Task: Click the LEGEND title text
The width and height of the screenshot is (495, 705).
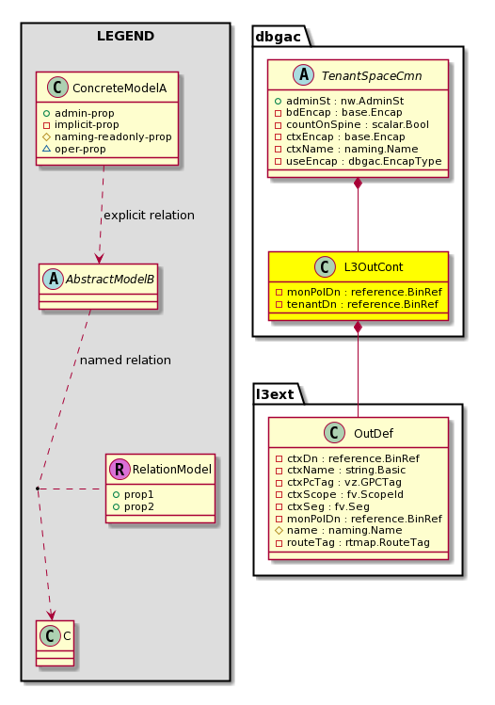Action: [x=125, y=36]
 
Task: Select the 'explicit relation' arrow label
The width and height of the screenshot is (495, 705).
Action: [x=150, y=216]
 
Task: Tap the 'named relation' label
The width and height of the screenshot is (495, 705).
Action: [x=125, y=361]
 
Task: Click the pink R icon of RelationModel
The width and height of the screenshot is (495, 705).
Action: [x=120, y=470]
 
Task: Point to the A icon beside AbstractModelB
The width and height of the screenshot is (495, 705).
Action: [x=53, y=280]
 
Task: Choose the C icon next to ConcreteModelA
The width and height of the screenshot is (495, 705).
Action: [x=57, y=88]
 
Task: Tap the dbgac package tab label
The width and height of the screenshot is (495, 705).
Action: [x=278, y=37]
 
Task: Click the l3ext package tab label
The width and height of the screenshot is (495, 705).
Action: [x=275, y=394]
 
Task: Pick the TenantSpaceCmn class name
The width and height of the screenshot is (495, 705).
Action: [x=372, y=76]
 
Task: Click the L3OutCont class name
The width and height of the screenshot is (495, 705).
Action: [x=374, y=267]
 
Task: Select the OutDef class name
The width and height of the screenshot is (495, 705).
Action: [x=374, y=433]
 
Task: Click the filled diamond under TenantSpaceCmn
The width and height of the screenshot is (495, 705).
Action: [x=358, y=184]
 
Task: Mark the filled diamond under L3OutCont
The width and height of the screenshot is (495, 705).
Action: [x=358, y=327]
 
